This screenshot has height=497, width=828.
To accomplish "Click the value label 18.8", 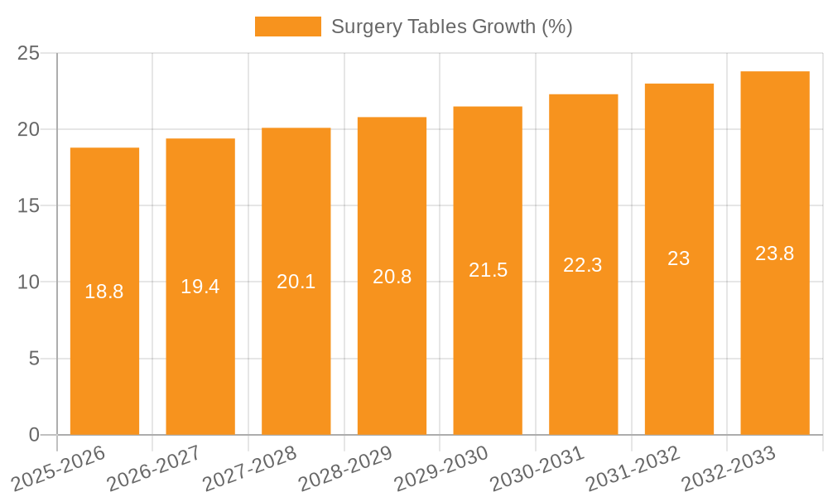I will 104,292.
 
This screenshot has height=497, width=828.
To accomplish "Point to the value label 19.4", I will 200,287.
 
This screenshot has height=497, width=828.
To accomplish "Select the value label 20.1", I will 296,282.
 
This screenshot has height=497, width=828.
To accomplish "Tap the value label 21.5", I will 488,270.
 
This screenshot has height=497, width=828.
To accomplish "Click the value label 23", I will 679,258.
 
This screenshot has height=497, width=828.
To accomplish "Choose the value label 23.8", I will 775,253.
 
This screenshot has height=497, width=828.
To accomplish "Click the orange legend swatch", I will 287,27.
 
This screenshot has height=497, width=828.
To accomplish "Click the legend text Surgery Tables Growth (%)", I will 451,27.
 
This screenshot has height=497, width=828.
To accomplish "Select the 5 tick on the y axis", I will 34,359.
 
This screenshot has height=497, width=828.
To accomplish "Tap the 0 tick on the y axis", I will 34,435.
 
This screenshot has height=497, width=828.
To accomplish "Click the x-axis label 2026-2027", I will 152,468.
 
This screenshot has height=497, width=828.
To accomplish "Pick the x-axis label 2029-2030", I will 440,468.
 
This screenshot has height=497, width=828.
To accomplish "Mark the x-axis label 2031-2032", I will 633,468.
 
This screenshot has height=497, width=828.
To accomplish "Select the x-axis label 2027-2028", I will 248,468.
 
